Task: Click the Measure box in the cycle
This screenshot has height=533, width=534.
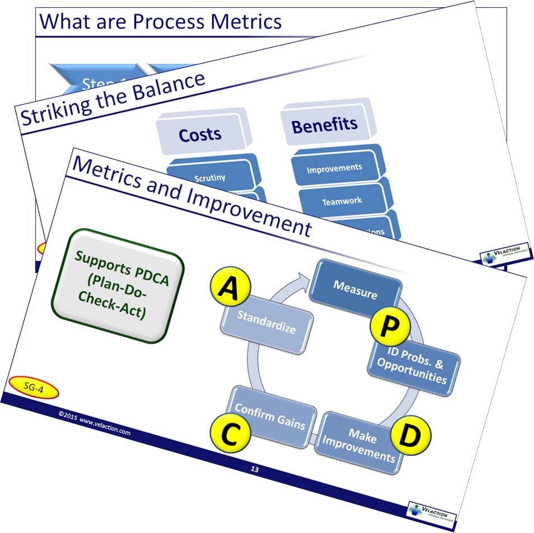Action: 355,287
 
